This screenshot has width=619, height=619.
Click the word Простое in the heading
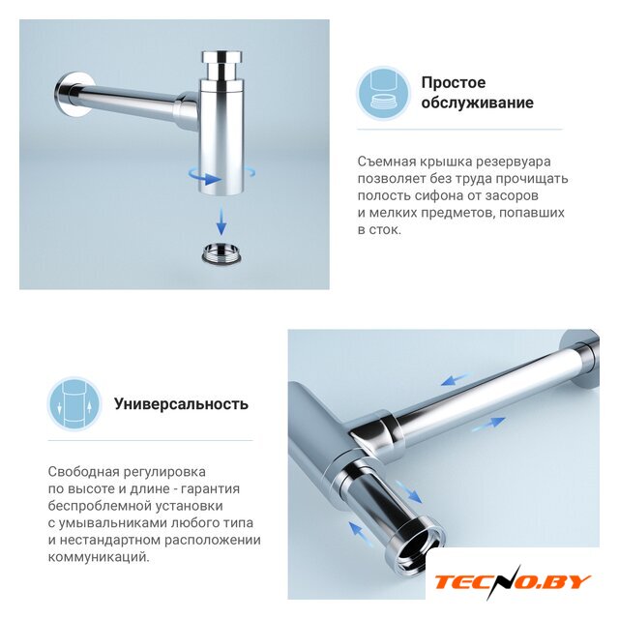pyautogui.click(x=454, y=83)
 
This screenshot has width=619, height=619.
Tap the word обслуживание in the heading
pyautogui.click(x=477, y=103)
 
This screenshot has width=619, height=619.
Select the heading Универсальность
pyautogui.click(x=181, y=404)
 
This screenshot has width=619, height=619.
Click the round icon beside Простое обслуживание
pyautogui.click(x=384, y=93)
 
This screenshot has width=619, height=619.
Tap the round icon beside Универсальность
pyautogui.click(x=74, y=403)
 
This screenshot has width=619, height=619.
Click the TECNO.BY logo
pyautogui.click(x=513, y=582)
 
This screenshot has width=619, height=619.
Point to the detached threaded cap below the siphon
pyautogui.click(x=221, y=253)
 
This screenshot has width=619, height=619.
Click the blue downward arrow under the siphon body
pyautogui.click(x=221, y=220)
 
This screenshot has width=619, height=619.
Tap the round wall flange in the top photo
pyautogui.click(x=73, y=95)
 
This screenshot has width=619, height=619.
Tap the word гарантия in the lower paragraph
pyautogui.click(x=211, y=489)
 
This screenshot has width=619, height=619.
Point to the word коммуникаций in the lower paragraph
pyautogui.click(x=99, y=557)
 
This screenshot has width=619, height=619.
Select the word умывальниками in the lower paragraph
pyautogui.click(x=113, y=523)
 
